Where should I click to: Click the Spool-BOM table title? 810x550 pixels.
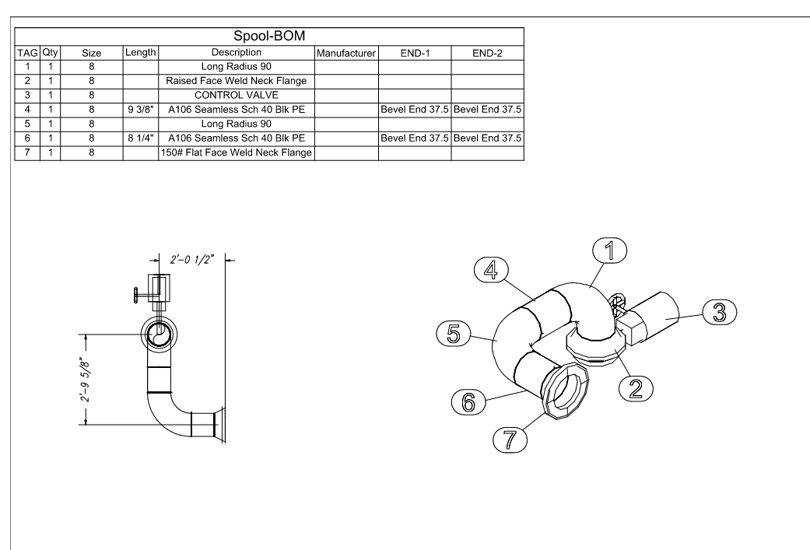click(269, 36)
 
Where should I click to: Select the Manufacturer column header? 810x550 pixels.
click(346, 53)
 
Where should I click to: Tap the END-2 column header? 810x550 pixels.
click(487, 53)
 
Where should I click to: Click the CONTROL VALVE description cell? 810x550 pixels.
click(236, 95)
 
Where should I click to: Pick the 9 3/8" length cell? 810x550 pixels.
click(141, 110)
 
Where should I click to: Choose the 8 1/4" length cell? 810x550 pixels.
click(141, 138)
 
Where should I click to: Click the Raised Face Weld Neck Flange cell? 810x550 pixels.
click(236, 81)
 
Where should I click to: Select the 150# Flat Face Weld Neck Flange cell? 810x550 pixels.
click(236, 152)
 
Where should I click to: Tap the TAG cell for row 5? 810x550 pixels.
click(27, 124)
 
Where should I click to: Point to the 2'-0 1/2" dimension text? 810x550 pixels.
click(192, 259)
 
